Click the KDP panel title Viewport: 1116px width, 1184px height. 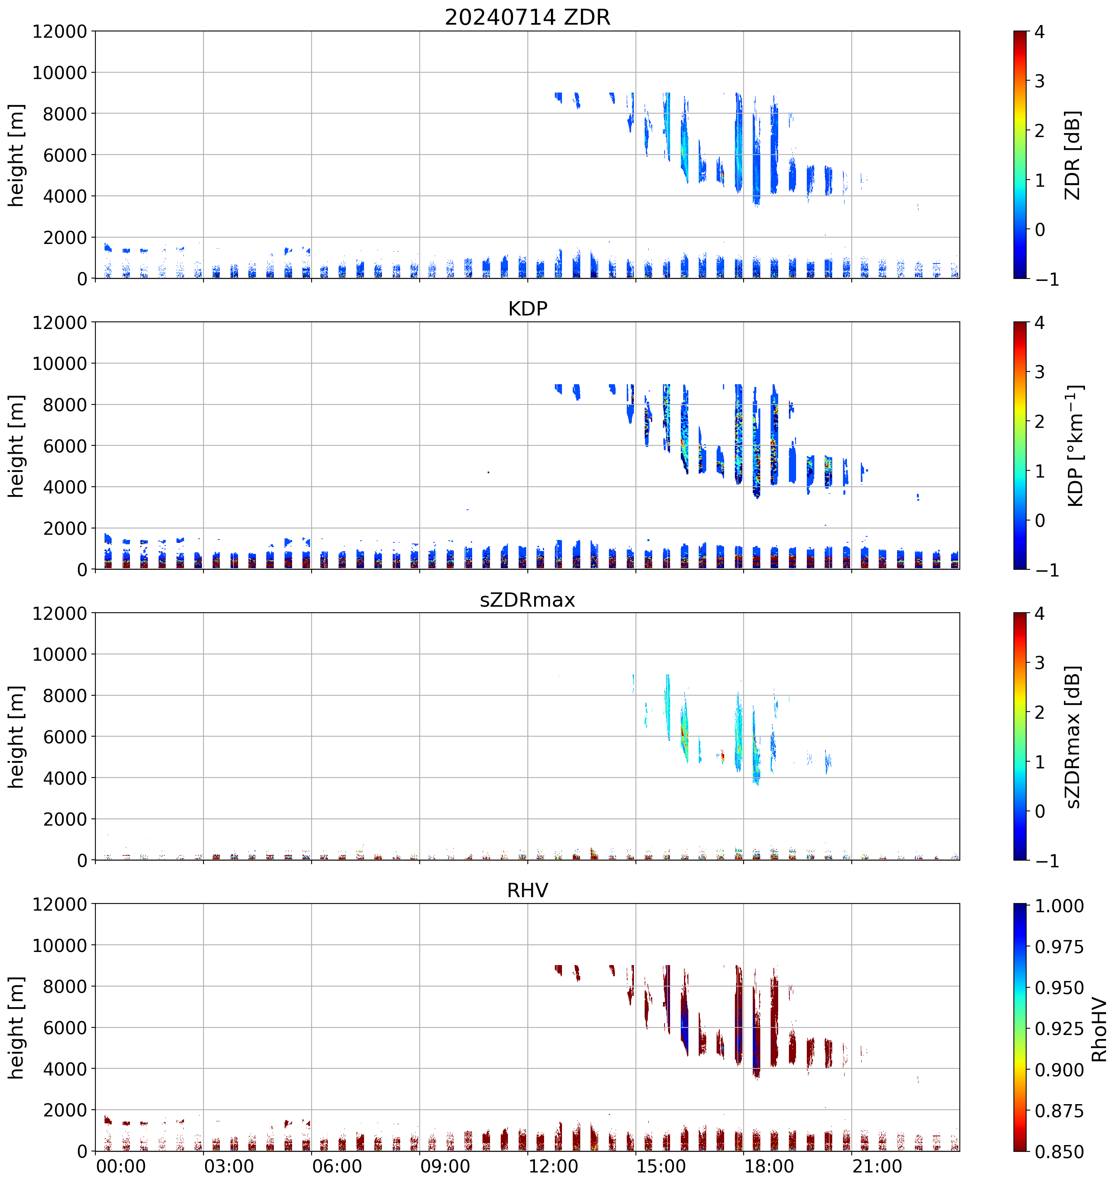tap(527, 308)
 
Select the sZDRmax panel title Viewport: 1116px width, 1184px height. tap(527, 600)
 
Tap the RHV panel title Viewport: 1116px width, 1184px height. tap(527, 890)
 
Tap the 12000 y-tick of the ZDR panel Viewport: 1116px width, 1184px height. tap(60, 31)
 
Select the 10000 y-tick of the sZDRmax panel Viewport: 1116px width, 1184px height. tap(60, 654)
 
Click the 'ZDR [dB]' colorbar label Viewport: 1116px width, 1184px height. tap(1073, 155)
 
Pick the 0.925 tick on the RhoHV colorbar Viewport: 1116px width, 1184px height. tap(1059, 1029)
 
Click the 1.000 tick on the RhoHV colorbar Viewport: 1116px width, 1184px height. tap(1059, 906)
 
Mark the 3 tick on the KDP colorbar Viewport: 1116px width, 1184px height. tap(1040, 372)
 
